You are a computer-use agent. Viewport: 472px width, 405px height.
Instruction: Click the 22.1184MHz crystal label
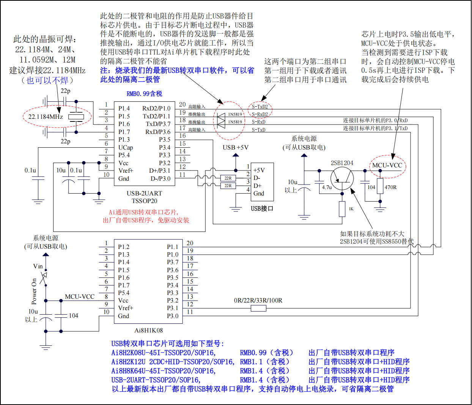[x=46, y=117]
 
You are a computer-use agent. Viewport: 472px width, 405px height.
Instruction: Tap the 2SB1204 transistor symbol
[x=342, y=178]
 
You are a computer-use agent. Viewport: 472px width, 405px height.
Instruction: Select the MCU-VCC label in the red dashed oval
[x=387, y=165]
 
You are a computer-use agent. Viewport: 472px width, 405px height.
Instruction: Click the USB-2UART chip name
[x=144, y=193]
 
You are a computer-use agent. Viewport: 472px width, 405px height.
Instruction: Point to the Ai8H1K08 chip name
[x=148, y=330]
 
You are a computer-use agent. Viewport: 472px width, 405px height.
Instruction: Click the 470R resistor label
[x=390, y=187]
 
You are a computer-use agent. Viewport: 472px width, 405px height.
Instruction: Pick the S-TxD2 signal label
[x=260, y=107]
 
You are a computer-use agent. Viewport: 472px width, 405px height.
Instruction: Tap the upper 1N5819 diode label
[x=235, y=114]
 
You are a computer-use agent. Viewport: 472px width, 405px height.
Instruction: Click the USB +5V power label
[x=235, y=147]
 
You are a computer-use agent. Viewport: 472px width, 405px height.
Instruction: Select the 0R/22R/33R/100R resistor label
[x=258, y=301]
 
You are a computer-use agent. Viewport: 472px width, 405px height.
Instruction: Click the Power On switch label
[x=34, y=292]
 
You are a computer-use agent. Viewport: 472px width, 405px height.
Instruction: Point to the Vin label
[x=38, y=266]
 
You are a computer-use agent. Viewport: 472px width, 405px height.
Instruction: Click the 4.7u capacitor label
[x=327, y=187]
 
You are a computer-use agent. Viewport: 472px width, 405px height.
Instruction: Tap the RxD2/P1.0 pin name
[x=156, y=108]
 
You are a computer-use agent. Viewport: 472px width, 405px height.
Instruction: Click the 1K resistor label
[x=351, y=209]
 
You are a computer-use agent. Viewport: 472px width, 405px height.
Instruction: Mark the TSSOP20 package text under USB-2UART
[x=144, y=201]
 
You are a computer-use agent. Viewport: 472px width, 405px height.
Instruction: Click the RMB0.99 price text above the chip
[x=144, y=94]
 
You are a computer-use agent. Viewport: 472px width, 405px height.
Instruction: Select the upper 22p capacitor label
[x=65, y=91]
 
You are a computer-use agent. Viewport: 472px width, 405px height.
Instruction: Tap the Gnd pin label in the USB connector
[x=259, y=193]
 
